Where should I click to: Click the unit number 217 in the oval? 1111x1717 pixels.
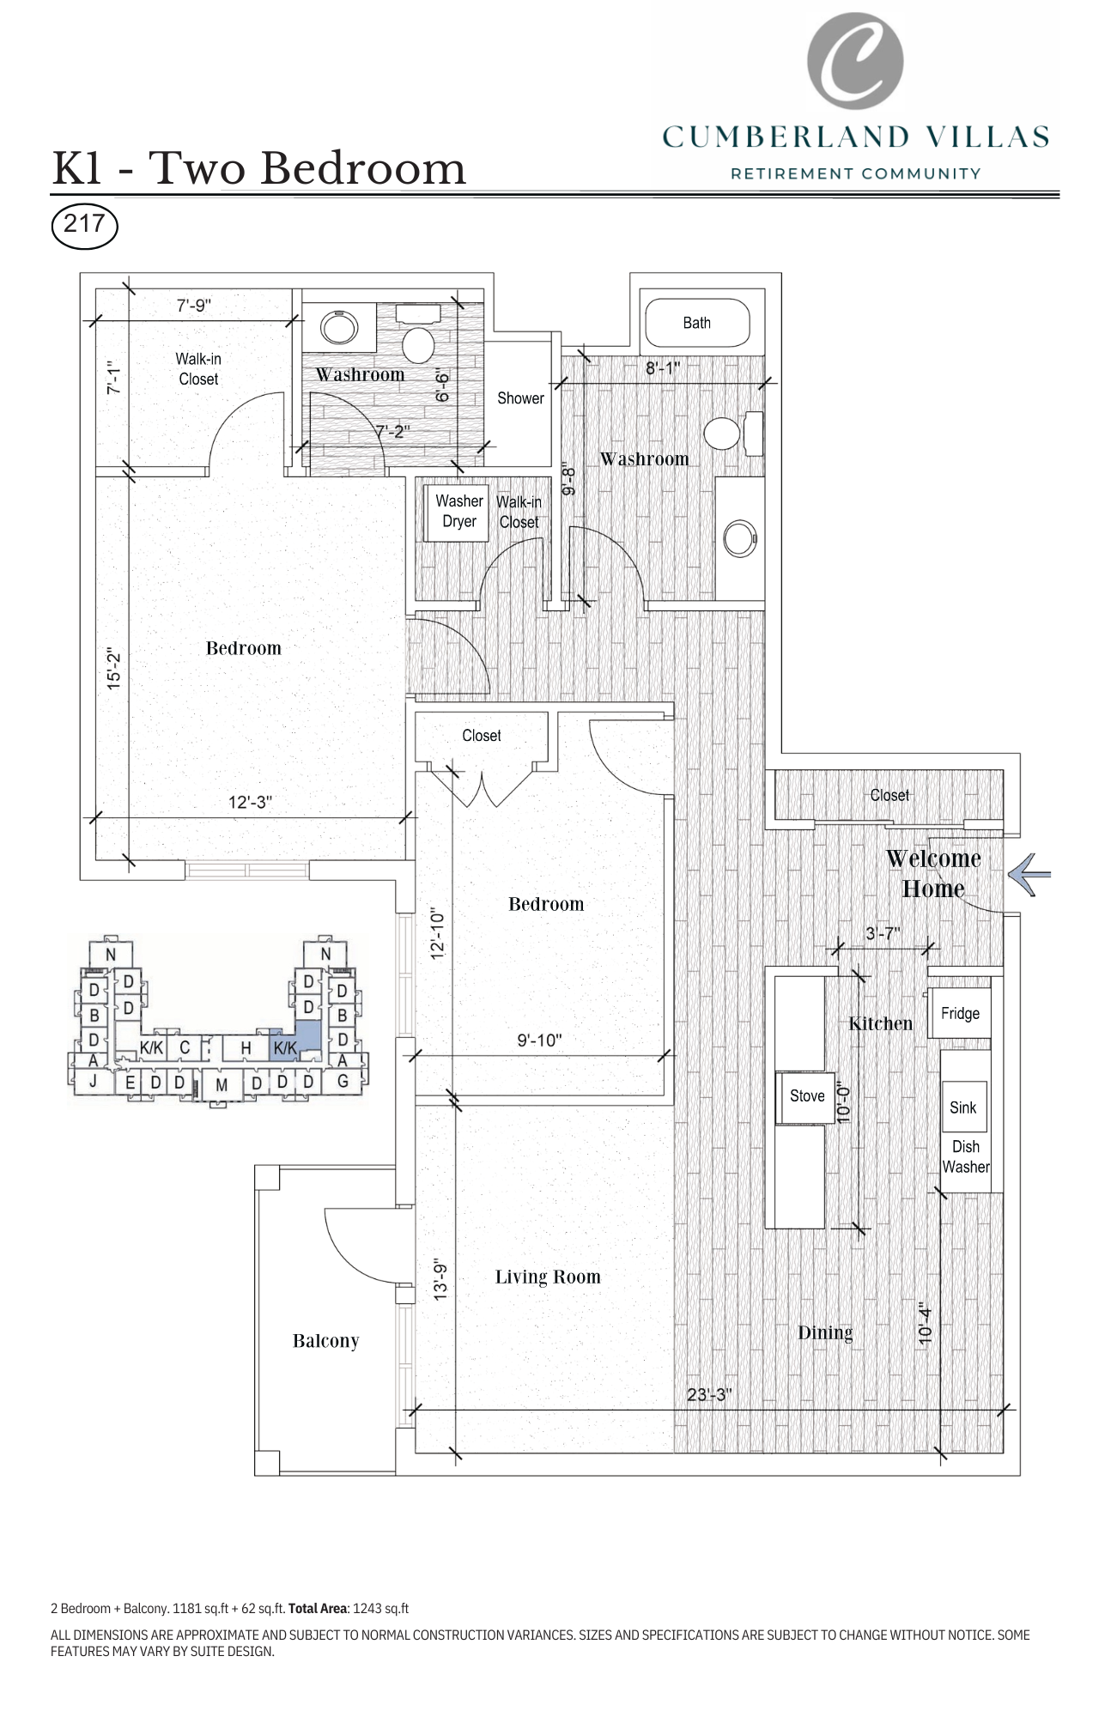84,224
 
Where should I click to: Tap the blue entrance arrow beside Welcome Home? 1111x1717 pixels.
1029,875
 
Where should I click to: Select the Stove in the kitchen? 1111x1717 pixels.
806,1096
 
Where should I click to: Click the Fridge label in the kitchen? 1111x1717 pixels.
959,1013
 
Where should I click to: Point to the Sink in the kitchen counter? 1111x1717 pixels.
962,1107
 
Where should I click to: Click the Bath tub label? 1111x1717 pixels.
696,323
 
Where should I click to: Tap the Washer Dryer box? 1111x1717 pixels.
459,512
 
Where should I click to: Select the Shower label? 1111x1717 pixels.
520,398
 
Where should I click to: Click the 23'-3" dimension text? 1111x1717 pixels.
708,1394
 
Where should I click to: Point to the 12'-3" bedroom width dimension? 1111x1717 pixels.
250,802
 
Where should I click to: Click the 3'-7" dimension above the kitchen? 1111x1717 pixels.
882,933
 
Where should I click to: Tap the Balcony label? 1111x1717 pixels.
325,1341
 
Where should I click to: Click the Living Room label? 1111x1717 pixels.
548,1277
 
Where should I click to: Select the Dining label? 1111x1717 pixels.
825,1332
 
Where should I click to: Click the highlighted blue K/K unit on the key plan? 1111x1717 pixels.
286,1047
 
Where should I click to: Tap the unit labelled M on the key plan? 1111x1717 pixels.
222,1084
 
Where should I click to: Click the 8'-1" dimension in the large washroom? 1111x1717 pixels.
663,368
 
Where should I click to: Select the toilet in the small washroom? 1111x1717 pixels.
419,343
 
